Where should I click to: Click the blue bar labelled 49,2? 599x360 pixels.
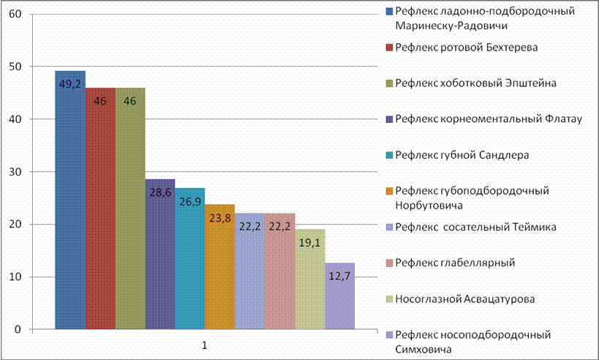coord(70,200)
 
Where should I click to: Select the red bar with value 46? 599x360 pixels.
coord(100,209)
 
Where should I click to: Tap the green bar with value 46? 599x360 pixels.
coord(130,209)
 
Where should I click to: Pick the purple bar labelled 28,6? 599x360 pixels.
coord(160,254)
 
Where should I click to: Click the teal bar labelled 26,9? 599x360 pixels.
coord(190,258)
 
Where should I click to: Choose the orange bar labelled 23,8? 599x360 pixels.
coord(219,267)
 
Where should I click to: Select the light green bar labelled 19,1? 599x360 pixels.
coord(310,279)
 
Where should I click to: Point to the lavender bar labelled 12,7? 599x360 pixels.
coord(340,296)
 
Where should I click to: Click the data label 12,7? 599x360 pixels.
coord(339,276)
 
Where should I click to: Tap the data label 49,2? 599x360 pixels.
coord(70,83)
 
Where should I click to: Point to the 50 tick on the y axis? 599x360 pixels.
coord(15,67)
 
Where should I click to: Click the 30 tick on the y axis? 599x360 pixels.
coord(15,172)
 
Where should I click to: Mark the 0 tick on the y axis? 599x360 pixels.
coord(18,329)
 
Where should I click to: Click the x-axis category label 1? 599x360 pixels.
coord(205,345)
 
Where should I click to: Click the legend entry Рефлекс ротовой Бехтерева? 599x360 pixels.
coord(462,48)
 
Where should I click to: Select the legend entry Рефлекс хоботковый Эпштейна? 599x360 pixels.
coord(472,83)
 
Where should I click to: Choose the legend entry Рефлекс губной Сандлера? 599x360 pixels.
coord(458,155)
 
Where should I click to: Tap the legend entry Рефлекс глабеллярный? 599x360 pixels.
coord(451,263)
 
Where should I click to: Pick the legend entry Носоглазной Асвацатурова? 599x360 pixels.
coord(461,299)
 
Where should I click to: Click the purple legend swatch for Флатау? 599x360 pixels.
coord(390,119)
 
